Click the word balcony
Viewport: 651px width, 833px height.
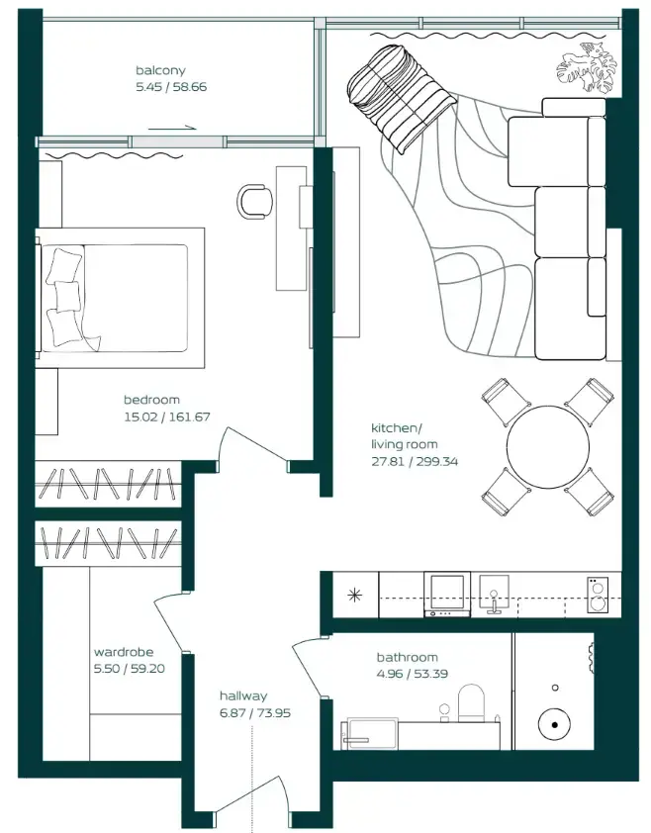tap(160, 70)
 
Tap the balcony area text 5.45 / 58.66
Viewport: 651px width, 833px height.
tap(171, 87)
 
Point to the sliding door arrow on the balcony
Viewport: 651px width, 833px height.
tap(175, 128)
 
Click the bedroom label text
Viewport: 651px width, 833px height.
tap(151, 400)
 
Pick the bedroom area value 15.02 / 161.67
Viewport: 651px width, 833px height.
tap(166, 416)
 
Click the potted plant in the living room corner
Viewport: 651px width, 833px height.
tap(583, 66)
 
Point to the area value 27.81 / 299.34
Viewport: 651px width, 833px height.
tap(415, 461)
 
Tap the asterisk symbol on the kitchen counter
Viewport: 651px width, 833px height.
tap(355, 595)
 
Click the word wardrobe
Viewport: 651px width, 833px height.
tap(123, 652)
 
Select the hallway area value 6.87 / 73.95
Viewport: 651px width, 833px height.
tap(255, 713)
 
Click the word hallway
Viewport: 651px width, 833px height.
tap(243, 695)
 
